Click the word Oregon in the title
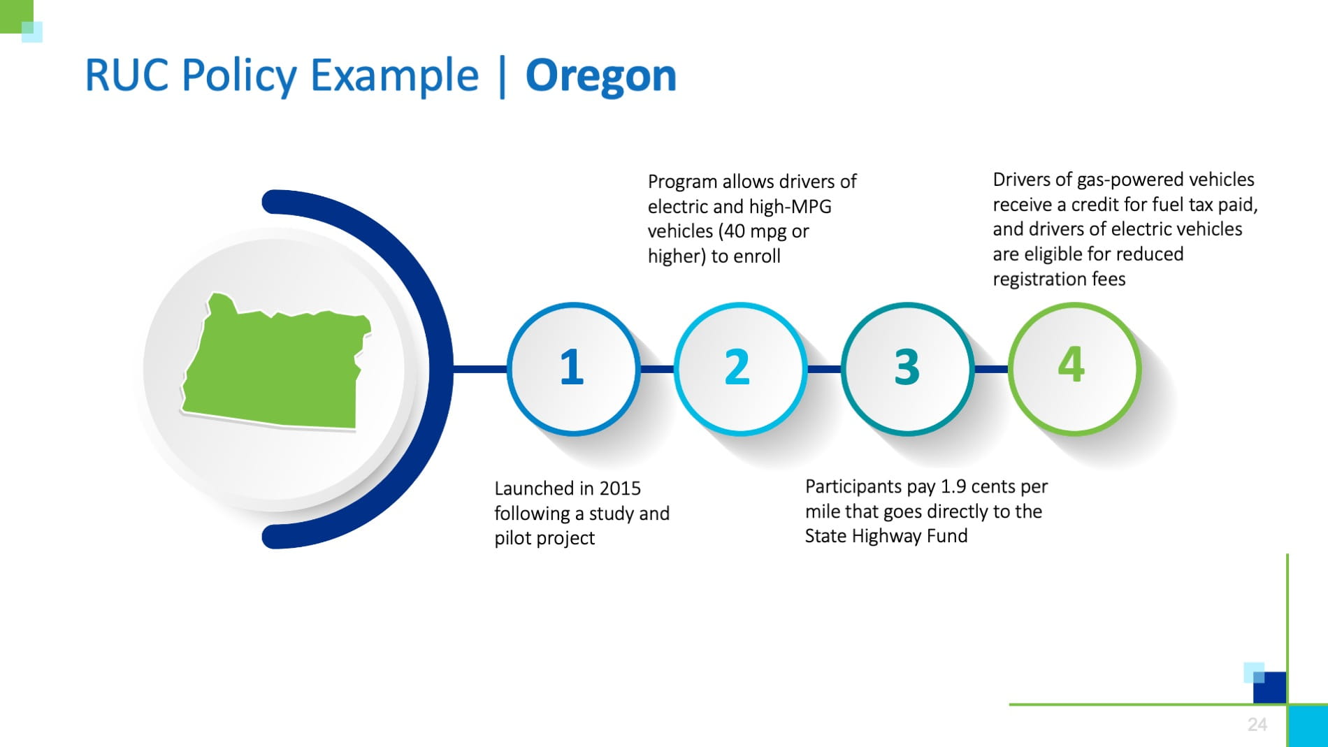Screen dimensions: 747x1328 pos(600,75)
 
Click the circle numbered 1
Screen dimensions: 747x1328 pos(572,368)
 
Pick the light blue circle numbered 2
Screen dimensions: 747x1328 pos(739,368)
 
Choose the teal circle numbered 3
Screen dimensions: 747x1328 pos(907,368)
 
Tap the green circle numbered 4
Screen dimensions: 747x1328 pos(1074,368)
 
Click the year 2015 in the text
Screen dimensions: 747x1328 pos(619,488)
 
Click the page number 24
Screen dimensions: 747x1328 pos(1257,725)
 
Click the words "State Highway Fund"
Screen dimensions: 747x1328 pos(886,536)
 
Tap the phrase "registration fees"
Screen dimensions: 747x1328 pos(1058,280)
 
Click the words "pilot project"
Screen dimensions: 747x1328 pos(544,538)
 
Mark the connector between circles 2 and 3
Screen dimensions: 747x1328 pos(824,368)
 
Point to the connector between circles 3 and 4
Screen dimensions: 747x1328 pos(990,368)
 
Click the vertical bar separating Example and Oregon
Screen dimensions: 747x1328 pos(502,77)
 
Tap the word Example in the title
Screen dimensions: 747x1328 pos(394,75)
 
